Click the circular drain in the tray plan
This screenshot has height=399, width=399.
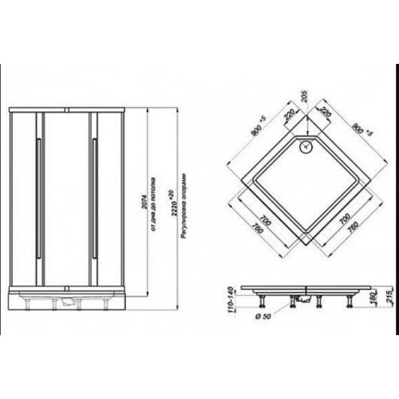pos(305,146)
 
